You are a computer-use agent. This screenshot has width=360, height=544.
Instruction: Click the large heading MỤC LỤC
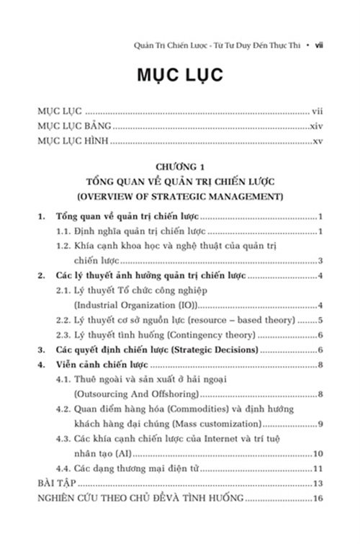tap(179, 76)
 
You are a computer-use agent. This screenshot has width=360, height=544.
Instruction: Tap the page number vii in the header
tap(323, 45)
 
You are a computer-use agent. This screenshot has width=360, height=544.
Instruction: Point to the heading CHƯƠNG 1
tap(179, 166)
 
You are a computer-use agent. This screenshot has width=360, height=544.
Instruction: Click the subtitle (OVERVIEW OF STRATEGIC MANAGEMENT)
tap(179, 195)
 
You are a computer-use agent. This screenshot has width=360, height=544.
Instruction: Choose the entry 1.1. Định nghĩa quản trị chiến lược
tap(133, 231)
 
